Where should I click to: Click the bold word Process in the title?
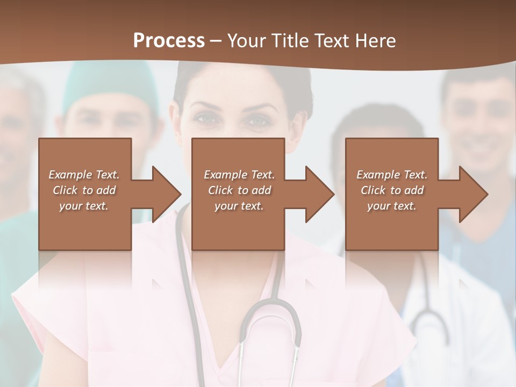169,40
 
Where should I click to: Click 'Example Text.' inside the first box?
84,175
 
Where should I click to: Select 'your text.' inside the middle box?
239,206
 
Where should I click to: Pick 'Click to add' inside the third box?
392,190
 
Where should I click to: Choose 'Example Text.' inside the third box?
392,175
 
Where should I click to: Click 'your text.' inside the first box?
84,206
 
